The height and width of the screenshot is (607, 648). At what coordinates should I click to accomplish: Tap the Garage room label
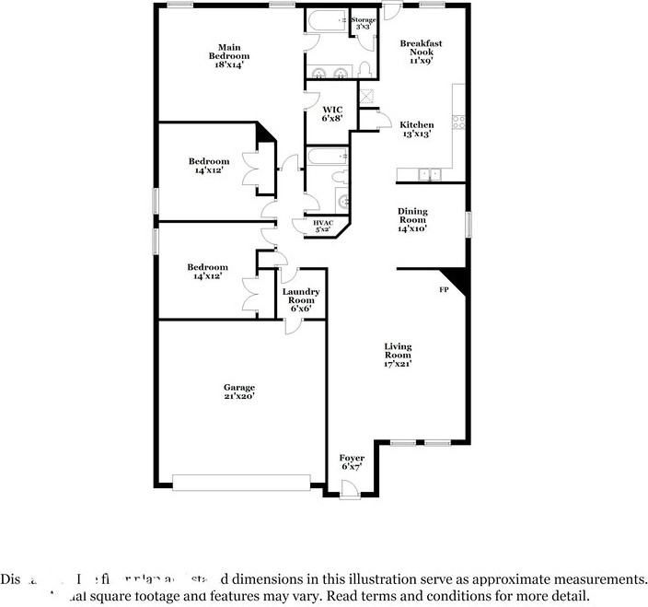tap(238, 391)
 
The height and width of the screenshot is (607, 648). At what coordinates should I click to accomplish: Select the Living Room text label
tap(398, 355)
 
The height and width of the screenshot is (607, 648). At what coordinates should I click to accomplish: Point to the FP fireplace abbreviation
tap(443, 289)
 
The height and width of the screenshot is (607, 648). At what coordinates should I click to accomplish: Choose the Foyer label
tap(352, 461)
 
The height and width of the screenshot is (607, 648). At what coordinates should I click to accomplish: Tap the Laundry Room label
tap(301, 299)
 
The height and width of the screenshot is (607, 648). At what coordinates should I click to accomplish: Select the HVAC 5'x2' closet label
tap(323, 226)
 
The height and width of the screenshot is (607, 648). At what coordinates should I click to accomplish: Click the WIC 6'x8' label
tap(331, 114)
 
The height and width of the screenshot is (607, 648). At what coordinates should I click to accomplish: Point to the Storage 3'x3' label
tap(364, 23)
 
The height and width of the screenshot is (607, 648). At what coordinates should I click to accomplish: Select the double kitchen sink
tap(429, 174)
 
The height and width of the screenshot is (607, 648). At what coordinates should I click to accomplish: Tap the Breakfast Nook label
tap(421, 48)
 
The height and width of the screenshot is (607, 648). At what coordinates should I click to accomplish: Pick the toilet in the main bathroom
tap(365, 70)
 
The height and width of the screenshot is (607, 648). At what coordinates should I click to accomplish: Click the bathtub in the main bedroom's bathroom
tap(326, 19)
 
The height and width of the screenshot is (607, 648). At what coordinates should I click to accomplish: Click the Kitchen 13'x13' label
tap(416, 130)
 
